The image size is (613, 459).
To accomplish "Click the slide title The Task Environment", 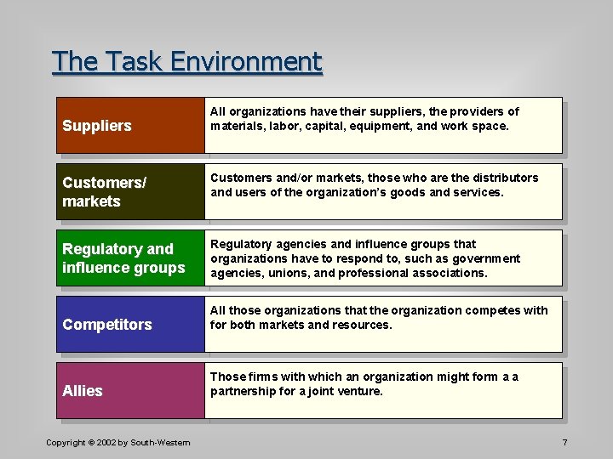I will pyautogui.click(x=187, y=62).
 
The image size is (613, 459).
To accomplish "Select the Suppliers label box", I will pyautogui.click(x=130, y=126).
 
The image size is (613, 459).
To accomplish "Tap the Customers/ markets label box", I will pyautogui.click(x=130, y=192).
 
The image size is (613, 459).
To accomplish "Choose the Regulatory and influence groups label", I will pyautogui.click(x=130, y=258).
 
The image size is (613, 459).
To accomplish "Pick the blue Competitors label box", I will pyautogui.click(x=130, y=324).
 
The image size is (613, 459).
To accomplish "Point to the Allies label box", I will pyautogui.click(x=130, y=390).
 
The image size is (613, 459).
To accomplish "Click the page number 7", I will pyautogui.click(x=564, y=443).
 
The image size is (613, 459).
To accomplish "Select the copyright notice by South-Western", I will pyautogui.click(x=117, y=443).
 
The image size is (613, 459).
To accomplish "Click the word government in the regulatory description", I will pyautogui.click(x=489, y=258).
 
